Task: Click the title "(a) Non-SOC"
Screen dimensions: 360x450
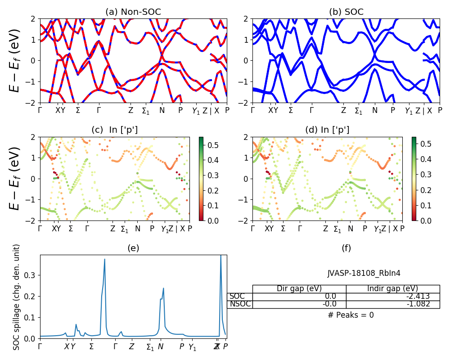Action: tap(133, 12)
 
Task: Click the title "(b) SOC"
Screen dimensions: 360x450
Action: tap(346, 12)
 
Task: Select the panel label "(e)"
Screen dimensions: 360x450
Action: tap(133, 248)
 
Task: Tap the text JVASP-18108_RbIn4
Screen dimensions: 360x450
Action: tap(364, 273)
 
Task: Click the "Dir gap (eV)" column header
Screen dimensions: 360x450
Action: tap(299, 289)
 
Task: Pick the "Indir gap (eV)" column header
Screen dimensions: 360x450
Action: tap(392, 289)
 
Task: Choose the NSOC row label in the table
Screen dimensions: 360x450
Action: tap(240, 304)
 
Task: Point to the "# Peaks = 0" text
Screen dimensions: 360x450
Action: tap(351, 315)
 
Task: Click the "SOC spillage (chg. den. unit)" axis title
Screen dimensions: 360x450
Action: tap(17, 297)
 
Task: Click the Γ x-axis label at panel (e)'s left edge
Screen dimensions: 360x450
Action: tap(40, 346)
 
